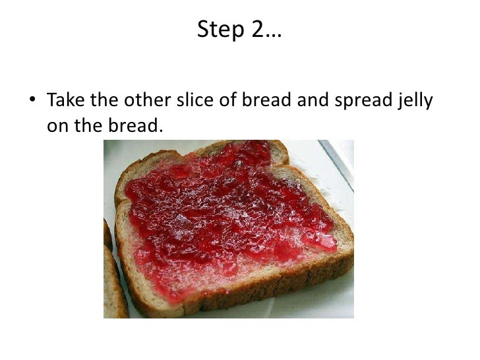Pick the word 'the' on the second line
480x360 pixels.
pyautogui.click(x=86, y=125)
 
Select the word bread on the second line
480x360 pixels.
pyautogui.click(x=130, y=125)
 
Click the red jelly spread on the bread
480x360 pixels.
pyautogui.click(x=224, y=211)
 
